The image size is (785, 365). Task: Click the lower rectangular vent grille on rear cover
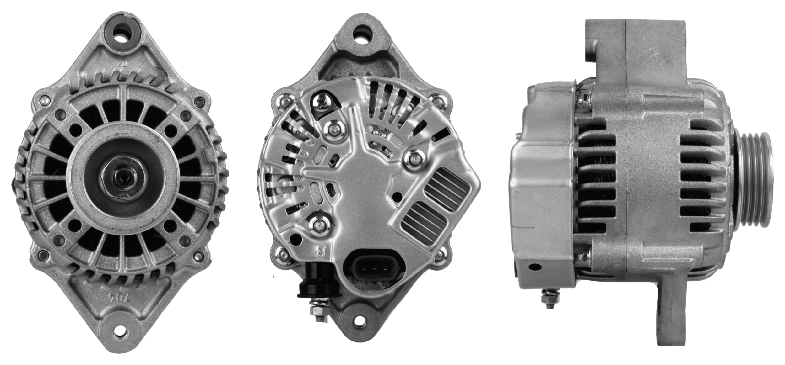(x=424, y=219)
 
